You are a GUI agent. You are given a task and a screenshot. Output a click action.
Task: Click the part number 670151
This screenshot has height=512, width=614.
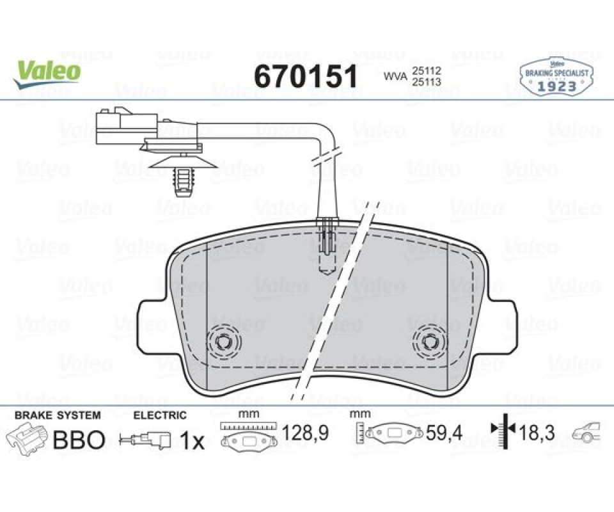(x=306, y=76)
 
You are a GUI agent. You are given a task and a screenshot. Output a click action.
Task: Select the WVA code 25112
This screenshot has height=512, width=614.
(x=426, y=71)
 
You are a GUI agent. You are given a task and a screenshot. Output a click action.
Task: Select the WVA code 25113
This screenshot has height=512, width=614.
(x=426, y=82)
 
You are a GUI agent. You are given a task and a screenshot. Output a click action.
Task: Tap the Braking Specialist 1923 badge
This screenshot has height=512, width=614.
(x=556, y=77)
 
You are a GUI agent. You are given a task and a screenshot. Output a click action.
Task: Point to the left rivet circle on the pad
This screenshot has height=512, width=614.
(x=224, y=342)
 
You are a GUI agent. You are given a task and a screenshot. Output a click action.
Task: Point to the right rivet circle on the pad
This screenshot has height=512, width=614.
(x=430, y=342)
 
